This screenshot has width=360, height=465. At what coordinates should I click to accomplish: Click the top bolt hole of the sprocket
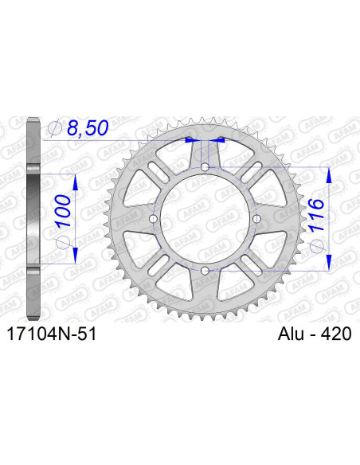click(x=205, y=166)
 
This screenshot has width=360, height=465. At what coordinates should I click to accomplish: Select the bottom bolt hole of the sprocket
click(x=205, y=272)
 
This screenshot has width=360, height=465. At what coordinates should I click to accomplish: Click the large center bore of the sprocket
click(x=205, y=219)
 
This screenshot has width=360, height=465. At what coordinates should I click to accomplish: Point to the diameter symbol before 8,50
click(x=53, y=128)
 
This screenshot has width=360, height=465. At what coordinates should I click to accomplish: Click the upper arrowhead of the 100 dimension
click(x=76, y=180)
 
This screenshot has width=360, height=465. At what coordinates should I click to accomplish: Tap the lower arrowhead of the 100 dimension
click(x=76, y=260)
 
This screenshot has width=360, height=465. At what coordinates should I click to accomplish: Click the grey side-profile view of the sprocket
click(x=33, y=219)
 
